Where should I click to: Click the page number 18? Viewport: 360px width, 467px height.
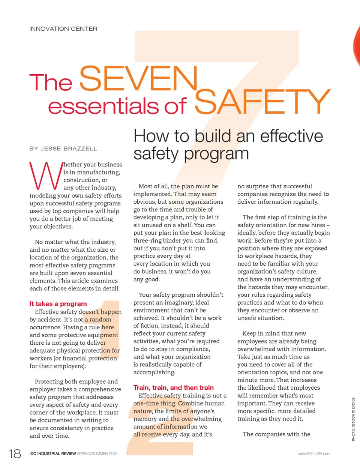tap(15, 453)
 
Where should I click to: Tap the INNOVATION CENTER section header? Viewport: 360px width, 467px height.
tap(63, 29)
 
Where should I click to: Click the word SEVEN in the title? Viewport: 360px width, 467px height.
tap(138, 78)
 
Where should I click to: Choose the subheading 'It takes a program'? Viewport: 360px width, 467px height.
tap(58, 304)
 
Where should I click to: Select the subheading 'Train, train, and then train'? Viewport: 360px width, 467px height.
tap(173, 387)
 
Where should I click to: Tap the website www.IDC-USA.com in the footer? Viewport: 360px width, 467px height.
tap(314, 453)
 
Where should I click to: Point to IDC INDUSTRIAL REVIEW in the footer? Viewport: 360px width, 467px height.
tap(52, 453)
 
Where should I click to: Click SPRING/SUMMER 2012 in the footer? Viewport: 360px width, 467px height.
tap(97, 453)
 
